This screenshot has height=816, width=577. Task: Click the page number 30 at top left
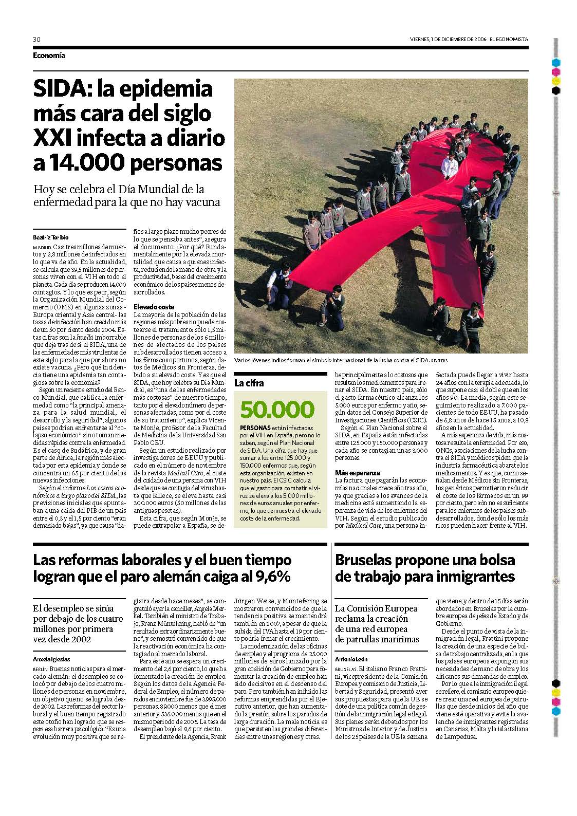click(36, 39)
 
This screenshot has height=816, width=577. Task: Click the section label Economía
click(49, 55)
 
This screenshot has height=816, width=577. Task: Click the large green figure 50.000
click(276, 410)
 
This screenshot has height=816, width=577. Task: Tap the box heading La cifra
click(249, 383)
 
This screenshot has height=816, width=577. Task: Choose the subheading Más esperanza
click(358, 473)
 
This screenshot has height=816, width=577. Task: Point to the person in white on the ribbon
click(450, 165)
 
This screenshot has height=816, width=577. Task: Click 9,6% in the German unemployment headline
click(272, 577)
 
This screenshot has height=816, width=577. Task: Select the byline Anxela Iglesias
click(52, 659)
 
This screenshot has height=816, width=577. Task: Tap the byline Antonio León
click(351, 659)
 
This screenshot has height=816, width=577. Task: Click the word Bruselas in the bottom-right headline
click(366, 560)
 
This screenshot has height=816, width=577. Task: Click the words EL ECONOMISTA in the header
click(508, 39)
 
